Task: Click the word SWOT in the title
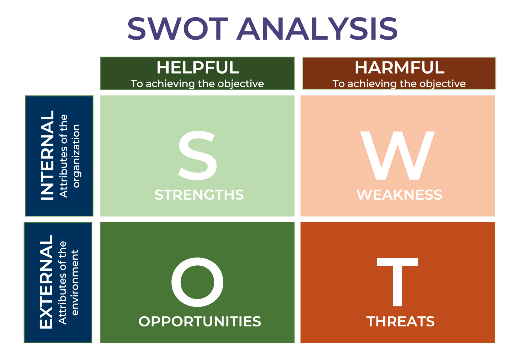click(x=178, y=29)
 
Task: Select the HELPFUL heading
click(x=198, y=67)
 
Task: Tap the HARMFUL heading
click(x=399, y=67)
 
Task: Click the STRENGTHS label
click(x=199, y=195)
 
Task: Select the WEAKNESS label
click(x=399, y=195)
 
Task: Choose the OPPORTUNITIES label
click(x=200, y=321)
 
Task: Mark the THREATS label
click(x=400, y=321)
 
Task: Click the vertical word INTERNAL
click(x=48, y=155)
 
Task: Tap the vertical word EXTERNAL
click(x=46, y=282)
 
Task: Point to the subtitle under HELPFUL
click(x=197, y=84)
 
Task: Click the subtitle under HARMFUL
click(x=399, y=84)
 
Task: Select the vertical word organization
click(x=76, y=156)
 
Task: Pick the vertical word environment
click(x=75, y=282)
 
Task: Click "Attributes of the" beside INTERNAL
click(x=64, y=156)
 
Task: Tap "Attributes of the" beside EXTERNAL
click(x=63, y=282)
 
